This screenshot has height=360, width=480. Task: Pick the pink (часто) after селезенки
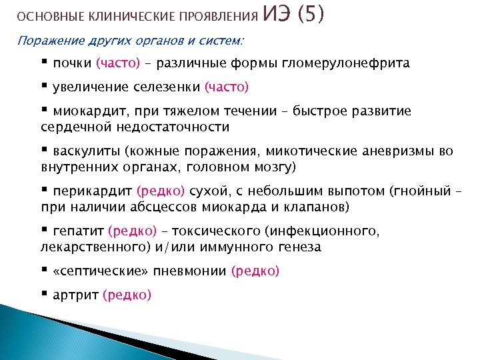[x=227, y=87]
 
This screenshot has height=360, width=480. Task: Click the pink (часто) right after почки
[x=118, y=63]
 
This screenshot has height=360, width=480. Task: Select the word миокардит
[x=85, y=111]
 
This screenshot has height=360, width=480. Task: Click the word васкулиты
[x=85, y=151]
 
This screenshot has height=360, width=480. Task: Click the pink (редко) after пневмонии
[x=255, y=271]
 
